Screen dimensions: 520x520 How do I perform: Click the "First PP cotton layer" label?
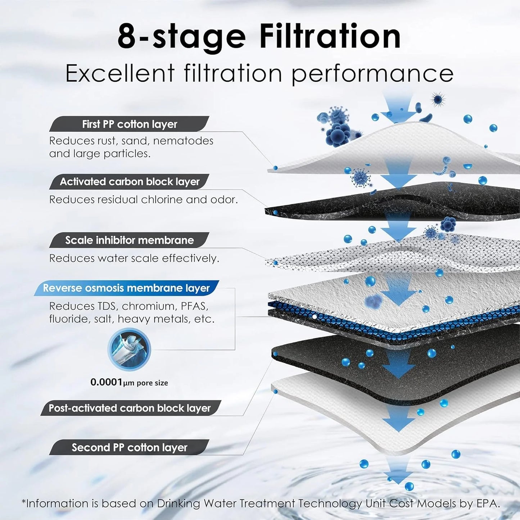130,124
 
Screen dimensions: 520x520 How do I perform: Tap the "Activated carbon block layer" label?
130,182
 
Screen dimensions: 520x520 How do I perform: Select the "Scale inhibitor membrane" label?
130,240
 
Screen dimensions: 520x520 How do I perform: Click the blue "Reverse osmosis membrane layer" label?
126,288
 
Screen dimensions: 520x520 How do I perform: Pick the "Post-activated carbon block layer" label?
130,408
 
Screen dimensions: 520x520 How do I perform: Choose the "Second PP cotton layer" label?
130,448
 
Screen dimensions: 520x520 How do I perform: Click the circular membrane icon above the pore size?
129,349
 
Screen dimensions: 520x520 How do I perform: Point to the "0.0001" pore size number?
107,382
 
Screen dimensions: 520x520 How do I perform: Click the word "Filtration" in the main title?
330,37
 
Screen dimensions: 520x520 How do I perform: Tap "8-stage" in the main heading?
181,37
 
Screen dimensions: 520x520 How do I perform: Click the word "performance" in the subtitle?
372,74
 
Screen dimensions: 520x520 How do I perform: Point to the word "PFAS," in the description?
194,306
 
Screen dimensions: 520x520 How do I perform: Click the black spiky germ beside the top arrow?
438,99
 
